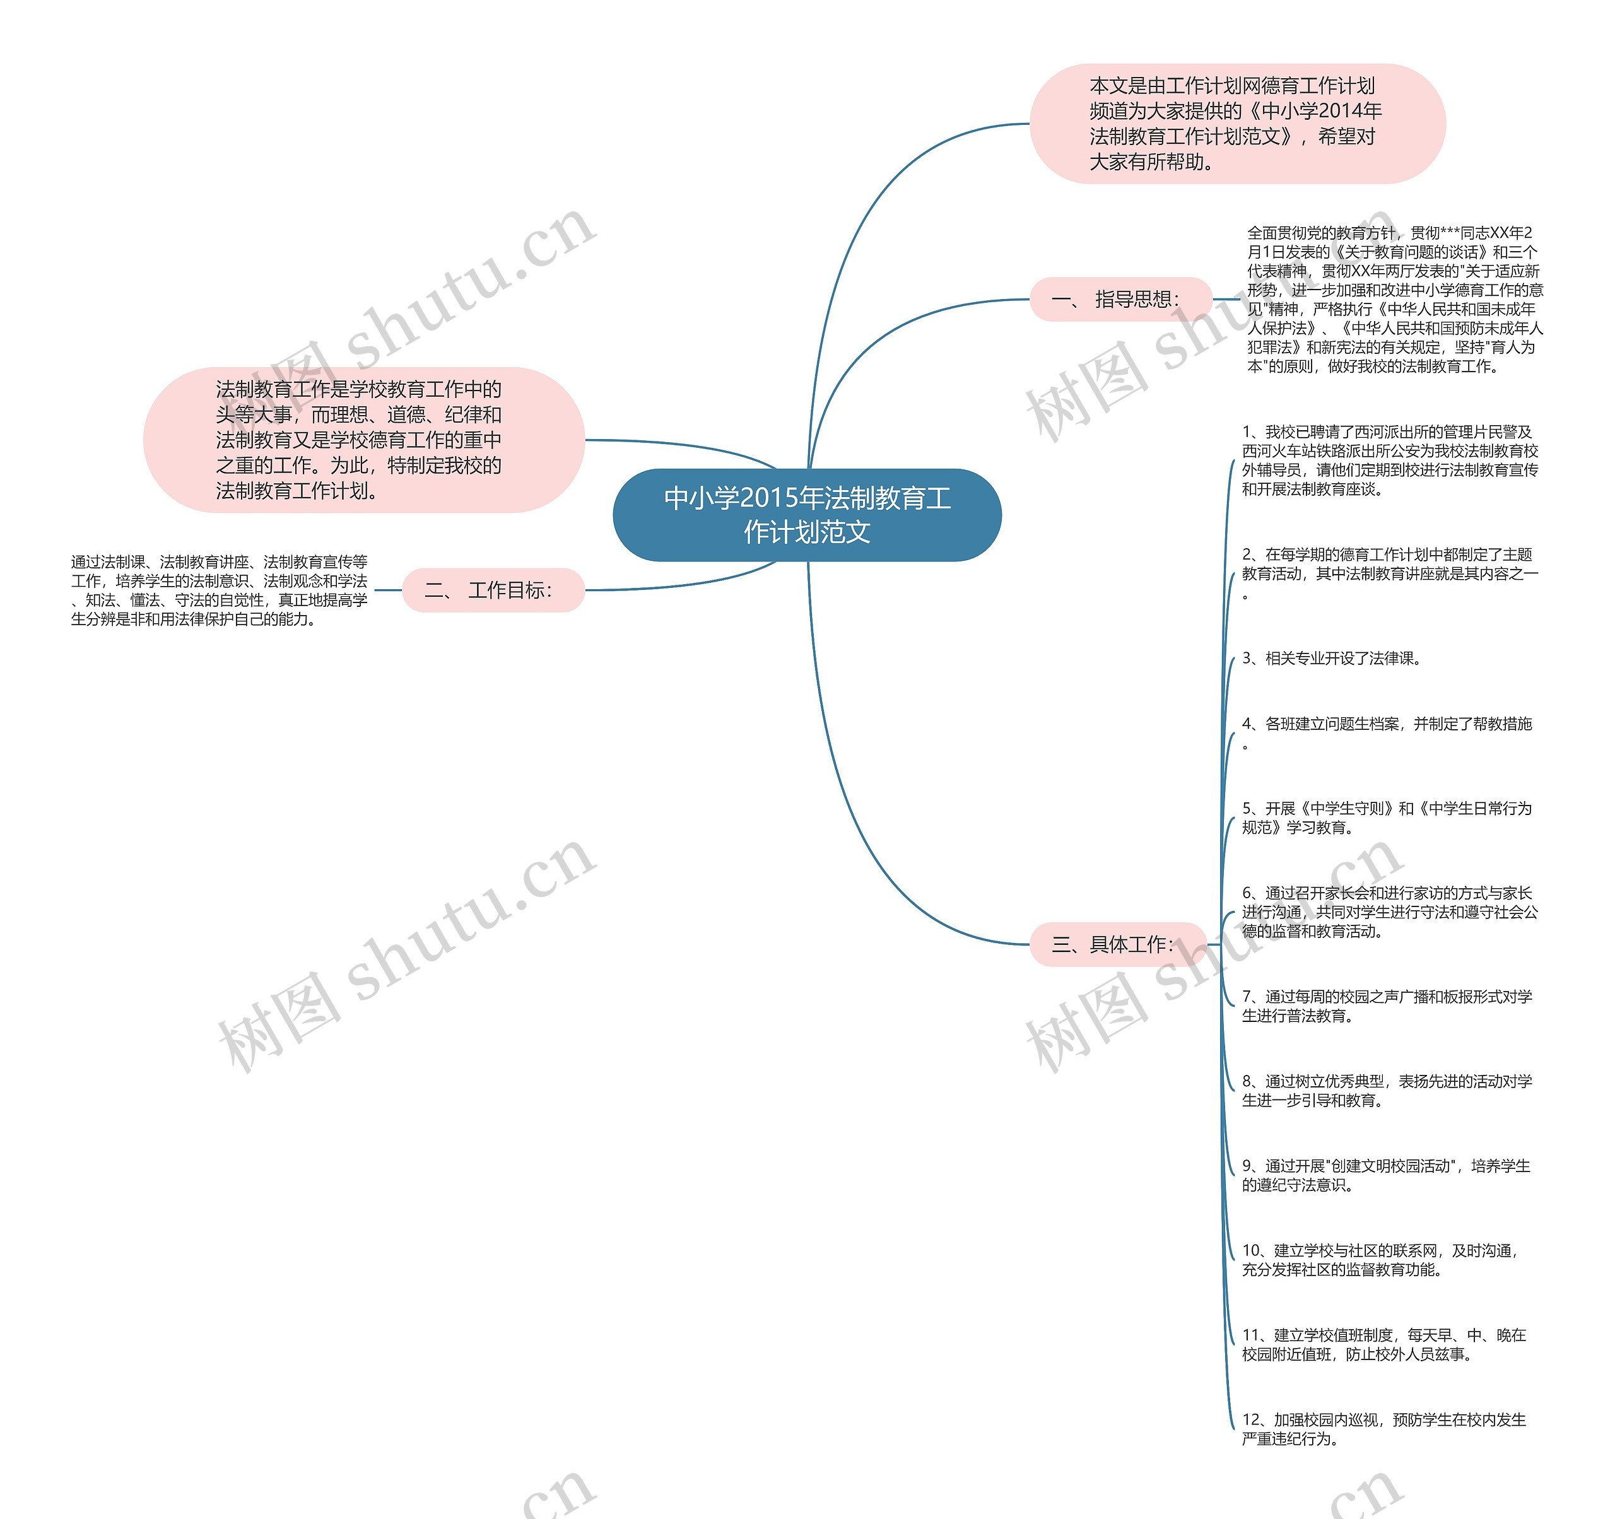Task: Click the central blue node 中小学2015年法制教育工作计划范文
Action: click(x=807, y=515)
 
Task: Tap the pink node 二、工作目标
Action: click(x=493, y=590)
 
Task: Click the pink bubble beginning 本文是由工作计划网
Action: click(x=1236, y=124)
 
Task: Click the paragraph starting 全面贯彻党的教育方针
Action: click(x=1394, y=300)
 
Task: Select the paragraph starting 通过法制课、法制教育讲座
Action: click(x=220, y=590)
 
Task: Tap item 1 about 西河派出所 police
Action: click(x=1389, y=460)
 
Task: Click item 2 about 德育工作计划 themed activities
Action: click(x=1389, y=573)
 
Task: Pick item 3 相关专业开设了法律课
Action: click(x=1332, y=658)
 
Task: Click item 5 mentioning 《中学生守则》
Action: click(x=1386, y=818)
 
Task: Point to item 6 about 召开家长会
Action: click(x=1389, y=912)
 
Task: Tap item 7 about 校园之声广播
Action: click(x=1386, y=1006)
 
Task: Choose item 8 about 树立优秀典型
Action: click(x=1386, y=1091)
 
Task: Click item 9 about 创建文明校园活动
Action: click(x=1385, y=1175)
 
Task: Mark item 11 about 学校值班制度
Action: click(x=1383, y=1344)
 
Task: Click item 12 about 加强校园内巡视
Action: click(x=1383, y=1429)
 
